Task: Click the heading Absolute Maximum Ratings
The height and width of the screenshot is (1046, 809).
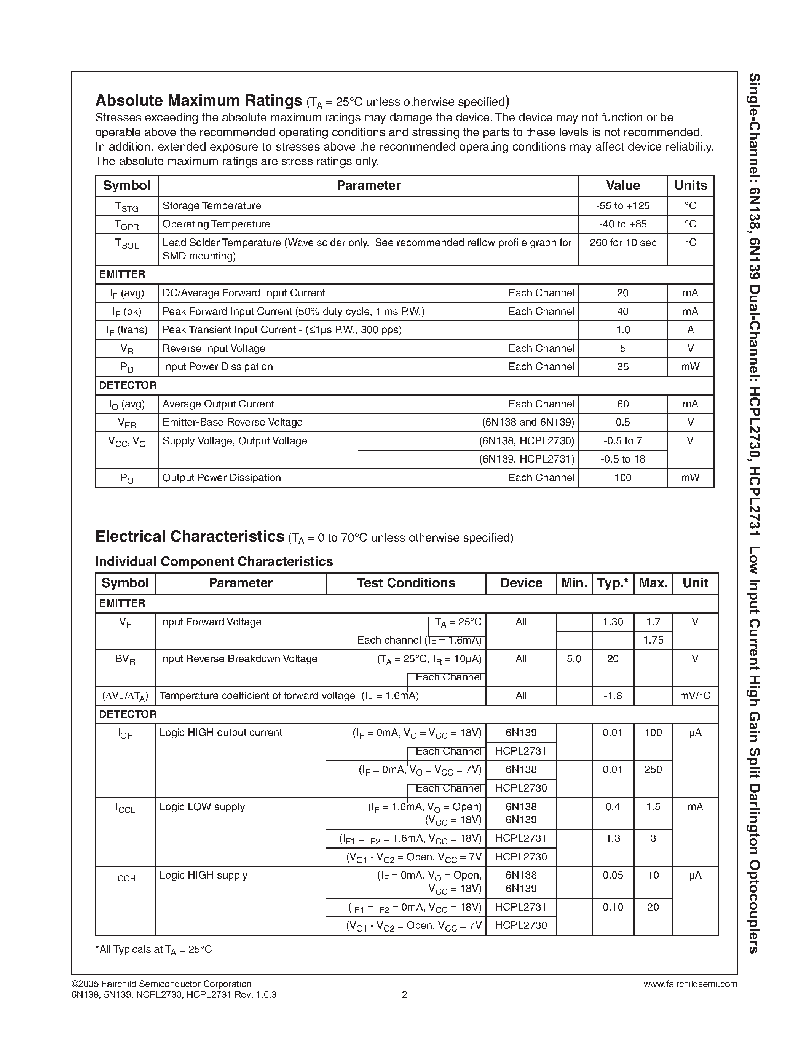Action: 198,100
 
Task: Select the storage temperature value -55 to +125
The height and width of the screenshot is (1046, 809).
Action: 622,206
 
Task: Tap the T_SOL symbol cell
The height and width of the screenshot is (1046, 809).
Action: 126,244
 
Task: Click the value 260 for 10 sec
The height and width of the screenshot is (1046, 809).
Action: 622,243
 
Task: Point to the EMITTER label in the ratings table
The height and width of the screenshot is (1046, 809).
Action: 122,274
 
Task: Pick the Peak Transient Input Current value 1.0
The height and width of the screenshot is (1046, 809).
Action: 622,330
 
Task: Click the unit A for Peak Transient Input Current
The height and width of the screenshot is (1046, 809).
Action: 690,330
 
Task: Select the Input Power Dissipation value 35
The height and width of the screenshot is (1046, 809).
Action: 622,367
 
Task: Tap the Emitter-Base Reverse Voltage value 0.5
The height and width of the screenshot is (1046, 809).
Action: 622,423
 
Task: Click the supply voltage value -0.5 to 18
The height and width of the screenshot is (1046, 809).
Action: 622,459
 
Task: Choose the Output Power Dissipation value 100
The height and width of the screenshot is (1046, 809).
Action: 622,478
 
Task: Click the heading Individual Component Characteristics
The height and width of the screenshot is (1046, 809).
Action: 214,561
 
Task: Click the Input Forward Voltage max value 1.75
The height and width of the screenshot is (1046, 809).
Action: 653,640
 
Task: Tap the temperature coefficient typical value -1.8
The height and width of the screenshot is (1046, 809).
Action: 613,696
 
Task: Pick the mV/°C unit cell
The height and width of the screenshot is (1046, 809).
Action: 695,696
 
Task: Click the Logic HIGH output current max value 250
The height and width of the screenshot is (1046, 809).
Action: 653,769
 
